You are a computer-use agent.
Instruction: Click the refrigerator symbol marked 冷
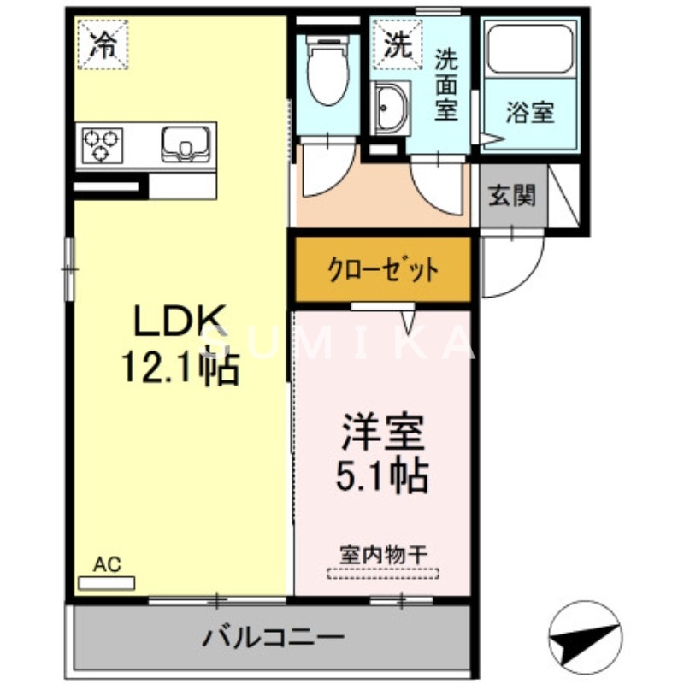click(103, 43)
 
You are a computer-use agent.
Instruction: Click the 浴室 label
click(529, 112)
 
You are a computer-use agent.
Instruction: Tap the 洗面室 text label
click(445, 85)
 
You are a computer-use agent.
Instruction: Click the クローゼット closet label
click(384, 270)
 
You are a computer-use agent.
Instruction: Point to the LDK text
click(178, 322)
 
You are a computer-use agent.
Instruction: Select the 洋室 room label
click(383, 432)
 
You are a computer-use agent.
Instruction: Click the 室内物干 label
click(383, 553)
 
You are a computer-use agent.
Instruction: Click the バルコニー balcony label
click(273, 638)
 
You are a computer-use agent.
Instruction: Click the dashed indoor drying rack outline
click(383, 573)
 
